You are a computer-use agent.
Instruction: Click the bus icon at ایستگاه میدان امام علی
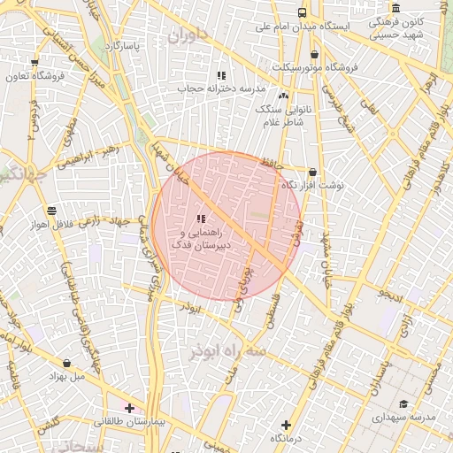tap(303, 13)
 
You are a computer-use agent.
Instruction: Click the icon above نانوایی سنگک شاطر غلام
tap(283, 96)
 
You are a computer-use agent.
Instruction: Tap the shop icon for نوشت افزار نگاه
tap(311, 172)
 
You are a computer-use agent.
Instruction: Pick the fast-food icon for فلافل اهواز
tap(51, 211)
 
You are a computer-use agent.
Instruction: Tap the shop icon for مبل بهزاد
tap(67, 363)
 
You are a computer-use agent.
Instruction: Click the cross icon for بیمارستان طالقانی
tap(130, 408)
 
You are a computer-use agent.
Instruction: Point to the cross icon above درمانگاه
tap(285, 426)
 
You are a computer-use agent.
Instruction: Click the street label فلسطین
tap(266, 311)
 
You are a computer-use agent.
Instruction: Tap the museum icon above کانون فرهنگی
tap(395, 9)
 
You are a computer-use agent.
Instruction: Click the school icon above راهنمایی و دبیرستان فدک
tap(201, 218)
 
